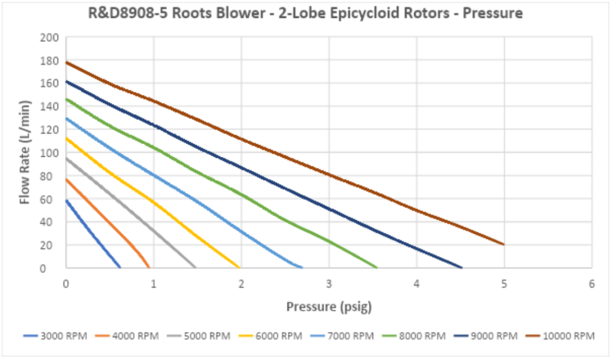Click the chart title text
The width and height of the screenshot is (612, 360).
305,13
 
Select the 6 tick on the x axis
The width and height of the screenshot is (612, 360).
592,285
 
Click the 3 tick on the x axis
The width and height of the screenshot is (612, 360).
329,285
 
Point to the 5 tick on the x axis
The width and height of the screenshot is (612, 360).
504,285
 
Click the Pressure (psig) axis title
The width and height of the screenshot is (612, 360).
329,307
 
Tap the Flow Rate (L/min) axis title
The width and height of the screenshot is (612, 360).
25,153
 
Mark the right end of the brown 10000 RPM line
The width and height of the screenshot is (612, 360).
504,244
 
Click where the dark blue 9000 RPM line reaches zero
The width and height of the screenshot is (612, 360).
461,267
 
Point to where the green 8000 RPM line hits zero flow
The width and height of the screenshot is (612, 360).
377,267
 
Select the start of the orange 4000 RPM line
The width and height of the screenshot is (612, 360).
66,179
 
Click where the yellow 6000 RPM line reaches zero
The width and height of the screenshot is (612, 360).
240,267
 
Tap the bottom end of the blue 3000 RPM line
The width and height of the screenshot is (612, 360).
120,267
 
